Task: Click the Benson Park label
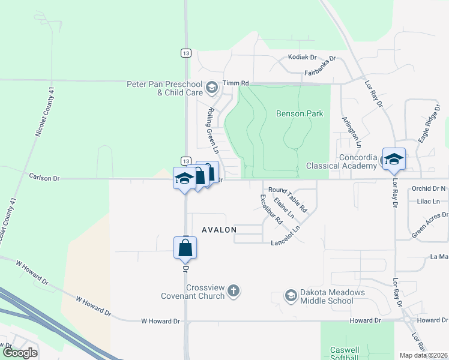(x=300, y=113)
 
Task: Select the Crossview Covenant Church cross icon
(x=234, y=292)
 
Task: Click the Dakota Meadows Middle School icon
(x=291, y=296)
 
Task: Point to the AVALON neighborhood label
(x=219, y=230)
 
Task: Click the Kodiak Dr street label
(x=302, y=57)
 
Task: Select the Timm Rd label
(x=235, y=83)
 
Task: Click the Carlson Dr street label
(x=45, y=176)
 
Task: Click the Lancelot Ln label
(x=285, y=243)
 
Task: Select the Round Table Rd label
(x=288, y=199)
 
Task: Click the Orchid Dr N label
(x=429, y=188)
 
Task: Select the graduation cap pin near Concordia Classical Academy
(x=394, y=159)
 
